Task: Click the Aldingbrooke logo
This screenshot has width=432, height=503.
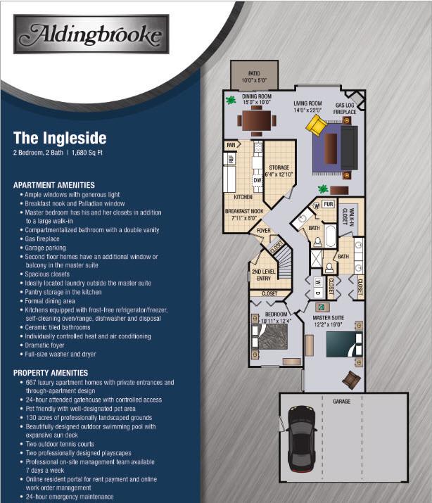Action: click(x=91, y=34)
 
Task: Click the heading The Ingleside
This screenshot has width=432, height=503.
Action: click(x=60, y=138)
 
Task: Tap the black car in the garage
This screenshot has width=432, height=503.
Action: click(x=301, y=439)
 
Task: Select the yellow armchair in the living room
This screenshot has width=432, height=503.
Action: click(x=316, y=125)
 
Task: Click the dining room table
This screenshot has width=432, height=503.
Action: click(x=257, y=120)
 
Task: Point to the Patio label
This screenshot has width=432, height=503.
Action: click(x=254, y=77)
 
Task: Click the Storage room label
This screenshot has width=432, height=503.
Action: click(x=279, y=171)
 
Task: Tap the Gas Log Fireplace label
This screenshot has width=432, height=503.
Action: click(x=345, y=108)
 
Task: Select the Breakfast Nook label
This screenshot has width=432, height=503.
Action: click(x=244, y=215)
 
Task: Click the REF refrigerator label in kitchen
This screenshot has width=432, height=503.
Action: click(x=231, y=158)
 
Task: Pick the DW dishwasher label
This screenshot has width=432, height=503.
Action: click(x=258, y=180)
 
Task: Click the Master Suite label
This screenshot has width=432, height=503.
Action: click(x=329, y=321)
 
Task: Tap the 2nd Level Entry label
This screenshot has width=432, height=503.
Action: click(x=264, y=275)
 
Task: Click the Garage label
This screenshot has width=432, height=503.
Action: click(x=341, y=401)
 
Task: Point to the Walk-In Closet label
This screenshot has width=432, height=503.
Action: click(x=348, y=216)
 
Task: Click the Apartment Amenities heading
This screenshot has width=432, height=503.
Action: click(x=54, y=185)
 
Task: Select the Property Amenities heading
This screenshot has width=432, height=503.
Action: click(x=51, y=373)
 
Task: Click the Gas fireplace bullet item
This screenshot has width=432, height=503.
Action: click(x=42, y=239)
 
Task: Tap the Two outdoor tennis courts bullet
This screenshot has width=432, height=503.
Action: click(x=60, y=445)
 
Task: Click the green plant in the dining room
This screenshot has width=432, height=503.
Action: click(x=231, y=101)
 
